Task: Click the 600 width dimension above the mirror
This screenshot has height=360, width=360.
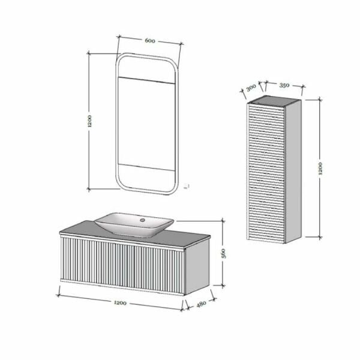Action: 150,41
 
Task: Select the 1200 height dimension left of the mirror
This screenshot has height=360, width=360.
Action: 89,121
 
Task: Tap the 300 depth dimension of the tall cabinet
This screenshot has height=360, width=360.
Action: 251,88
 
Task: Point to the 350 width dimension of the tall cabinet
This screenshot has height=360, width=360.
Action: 284,85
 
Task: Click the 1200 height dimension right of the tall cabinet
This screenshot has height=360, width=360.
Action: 320,169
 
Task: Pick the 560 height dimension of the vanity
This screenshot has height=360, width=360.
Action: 223,253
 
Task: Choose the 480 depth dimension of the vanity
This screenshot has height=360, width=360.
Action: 201,304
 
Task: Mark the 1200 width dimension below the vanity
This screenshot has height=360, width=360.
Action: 120,303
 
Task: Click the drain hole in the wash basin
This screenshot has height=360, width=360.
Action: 142,220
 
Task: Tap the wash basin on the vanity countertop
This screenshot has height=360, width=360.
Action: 134,224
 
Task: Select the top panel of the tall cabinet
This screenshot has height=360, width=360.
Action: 273,101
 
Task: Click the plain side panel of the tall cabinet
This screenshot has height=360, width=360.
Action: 293,171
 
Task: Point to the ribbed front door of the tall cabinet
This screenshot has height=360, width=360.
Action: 266,173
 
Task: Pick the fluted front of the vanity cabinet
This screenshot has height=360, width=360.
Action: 122,265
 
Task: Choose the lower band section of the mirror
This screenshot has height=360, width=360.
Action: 146,178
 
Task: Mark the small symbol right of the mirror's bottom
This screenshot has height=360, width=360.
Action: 187,186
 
